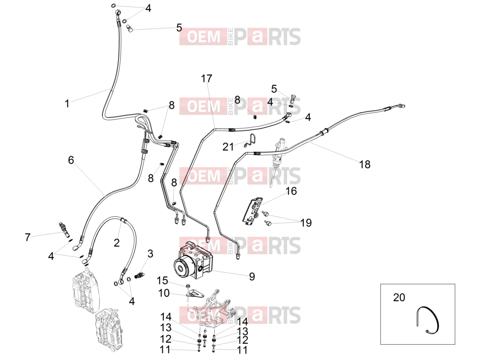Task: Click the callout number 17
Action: [206, 79]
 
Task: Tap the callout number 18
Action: [365, 165]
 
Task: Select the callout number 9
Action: [252, 276]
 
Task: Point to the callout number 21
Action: [228, 147]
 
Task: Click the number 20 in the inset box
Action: [399, 297]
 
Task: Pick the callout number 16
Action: [291, 191]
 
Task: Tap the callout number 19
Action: [306, 223]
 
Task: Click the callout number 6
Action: [71, 160]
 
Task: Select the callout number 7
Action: [27, 237]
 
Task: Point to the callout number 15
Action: [162, 280]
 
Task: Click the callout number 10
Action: [164, 293]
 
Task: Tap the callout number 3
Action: [150, 254]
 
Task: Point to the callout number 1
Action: [67, 103]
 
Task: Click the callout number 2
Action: [116, 243]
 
